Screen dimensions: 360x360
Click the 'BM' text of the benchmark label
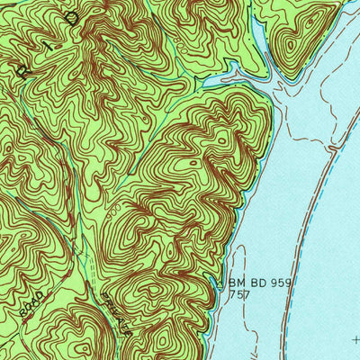(x=236, y=281)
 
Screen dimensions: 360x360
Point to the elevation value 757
(x=238, y=293)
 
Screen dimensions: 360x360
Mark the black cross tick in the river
(x=356, y=340)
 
